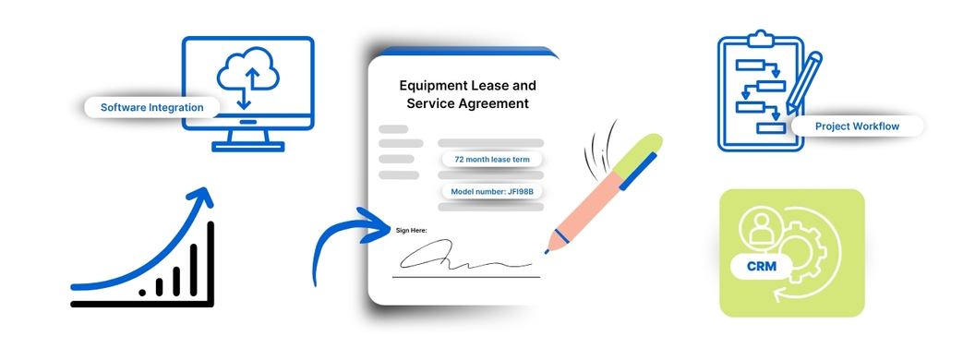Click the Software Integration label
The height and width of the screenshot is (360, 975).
(151, 108)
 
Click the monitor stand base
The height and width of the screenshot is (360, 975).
(247, 147)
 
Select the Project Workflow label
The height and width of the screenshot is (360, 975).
(857, 126)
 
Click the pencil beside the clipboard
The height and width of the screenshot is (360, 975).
(804, 82)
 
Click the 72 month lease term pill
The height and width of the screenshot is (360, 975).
(492, 160)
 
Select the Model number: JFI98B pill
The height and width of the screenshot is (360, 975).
(492, 191)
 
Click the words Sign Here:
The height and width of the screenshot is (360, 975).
(411, 231)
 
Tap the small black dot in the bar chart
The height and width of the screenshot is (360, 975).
(142, 293)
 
